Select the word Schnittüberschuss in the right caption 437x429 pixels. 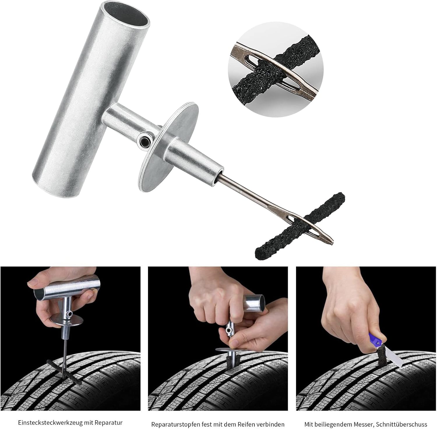pyautogui.click(x=401, y=424)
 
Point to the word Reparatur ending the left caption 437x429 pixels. pyautogui.click(x=110, y=422)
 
